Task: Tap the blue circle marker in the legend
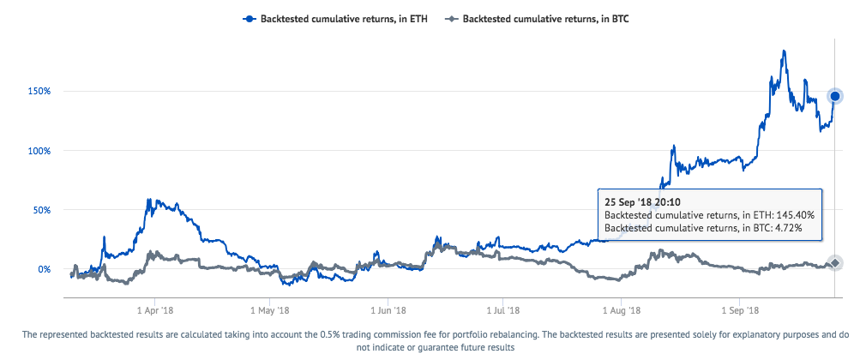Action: click(x=250, y=17)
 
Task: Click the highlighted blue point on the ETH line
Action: click(x=836, y=96)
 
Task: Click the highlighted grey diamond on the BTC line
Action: click(x=836, y=263)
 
